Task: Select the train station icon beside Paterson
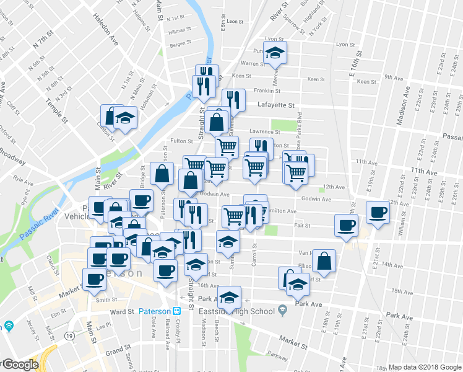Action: tap(177, 311)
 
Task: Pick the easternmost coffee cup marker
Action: tap(378, 212)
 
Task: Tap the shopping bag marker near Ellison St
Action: tap(324, 261)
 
